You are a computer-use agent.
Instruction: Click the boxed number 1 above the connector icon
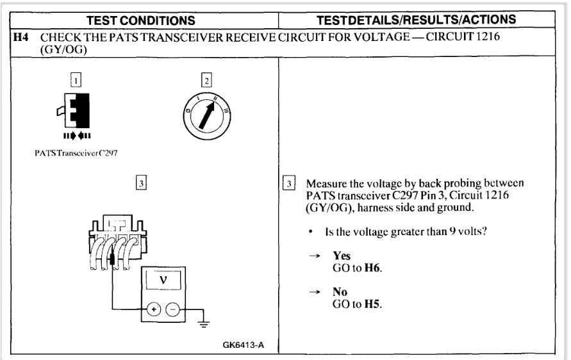pyautogui.click(x=76, y=81)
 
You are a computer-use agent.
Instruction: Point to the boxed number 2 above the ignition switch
pyautogui.click(x=206, y=81)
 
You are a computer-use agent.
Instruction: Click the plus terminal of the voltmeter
pyautogui.click(x=155, y=309)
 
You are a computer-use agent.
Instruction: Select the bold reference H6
pyautogui.click(x=365, y=265)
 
